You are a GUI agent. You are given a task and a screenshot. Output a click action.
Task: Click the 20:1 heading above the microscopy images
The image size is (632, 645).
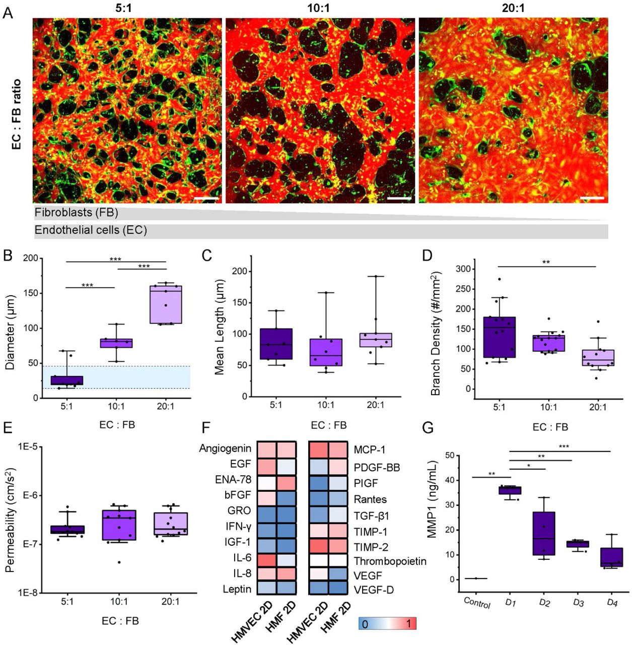pyautogui.click(x=514, y=9)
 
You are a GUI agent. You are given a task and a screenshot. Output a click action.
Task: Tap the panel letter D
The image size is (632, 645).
pyautogui.click(x=427, y=255)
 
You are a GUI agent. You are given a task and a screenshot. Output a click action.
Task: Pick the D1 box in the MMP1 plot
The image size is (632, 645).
pyautogui.click(x=511, y=490)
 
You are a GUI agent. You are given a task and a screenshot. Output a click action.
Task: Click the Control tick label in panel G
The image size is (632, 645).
pyautogui.click(x=476, y=602)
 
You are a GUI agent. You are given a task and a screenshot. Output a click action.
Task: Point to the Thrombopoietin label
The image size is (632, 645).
pyautogui.click(x=390, y=561)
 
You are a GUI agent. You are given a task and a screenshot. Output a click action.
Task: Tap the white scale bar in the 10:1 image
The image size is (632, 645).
pyautogui.click(x=399, y=199)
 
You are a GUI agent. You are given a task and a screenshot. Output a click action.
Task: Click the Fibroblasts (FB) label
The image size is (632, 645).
pyautogui.click(x=77, y=213)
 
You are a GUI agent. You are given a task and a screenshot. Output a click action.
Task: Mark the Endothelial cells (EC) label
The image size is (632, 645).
pyautogui.click(x=91, y=230)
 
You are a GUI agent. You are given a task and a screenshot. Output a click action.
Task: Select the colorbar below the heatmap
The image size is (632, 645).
pyautogui.click(x=387, y=623)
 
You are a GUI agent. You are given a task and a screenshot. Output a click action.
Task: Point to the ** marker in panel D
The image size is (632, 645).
pyautogui.click(x=546, y=263)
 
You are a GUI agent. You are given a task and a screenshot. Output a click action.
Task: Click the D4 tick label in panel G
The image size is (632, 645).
pyautogui.click(x=611, y=602)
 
